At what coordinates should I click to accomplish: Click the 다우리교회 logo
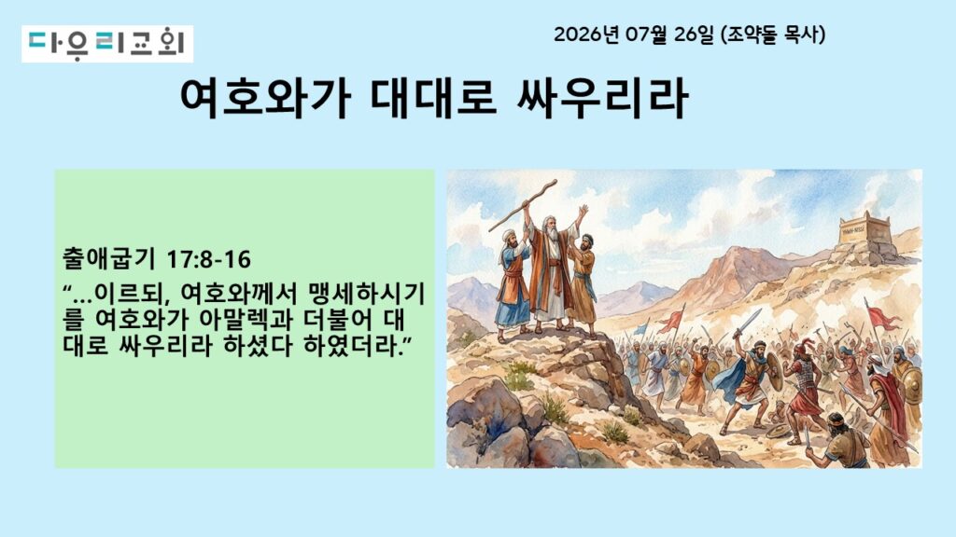107,44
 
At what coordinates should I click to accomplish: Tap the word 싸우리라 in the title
603,98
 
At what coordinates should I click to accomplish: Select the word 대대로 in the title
433,98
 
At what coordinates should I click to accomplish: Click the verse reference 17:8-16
208,259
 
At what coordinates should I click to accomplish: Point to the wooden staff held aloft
523,205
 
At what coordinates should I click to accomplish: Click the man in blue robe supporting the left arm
513,286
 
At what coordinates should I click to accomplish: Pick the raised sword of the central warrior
750,323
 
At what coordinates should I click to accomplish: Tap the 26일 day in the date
694,34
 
